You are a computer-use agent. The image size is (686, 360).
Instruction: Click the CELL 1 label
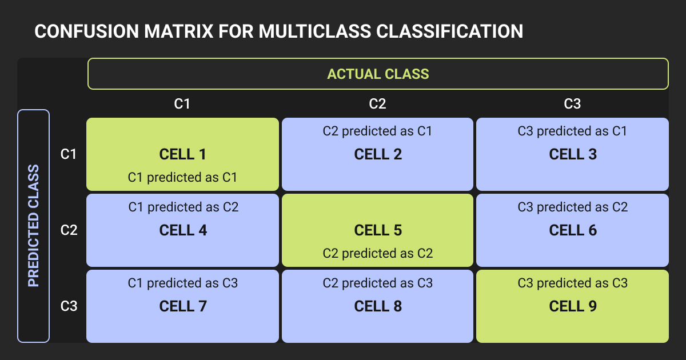pyautogui.click(x=182, y=154)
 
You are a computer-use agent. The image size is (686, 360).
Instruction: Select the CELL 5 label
pyautogui.click(x=378, y=230)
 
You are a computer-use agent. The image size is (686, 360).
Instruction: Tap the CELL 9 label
pyautogui.click(x=573, y=306)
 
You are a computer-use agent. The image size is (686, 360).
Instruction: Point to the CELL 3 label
pyautogui.click(x=573, y=154)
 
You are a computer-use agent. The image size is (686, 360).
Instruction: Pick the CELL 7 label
pyautogui.click(x=183, y=306)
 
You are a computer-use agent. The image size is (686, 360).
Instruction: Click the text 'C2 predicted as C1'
pyautogui.click(x=377, y=131)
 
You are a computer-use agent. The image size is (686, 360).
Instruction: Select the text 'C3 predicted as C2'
pyautogui.click(x=573, y=207)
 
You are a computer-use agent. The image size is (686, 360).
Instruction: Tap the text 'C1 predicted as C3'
pyautogui.click(x=183, y=283)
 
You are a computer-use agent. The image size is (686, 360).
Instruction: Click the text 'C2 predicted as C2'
pyautogui.click(x=378, y=254)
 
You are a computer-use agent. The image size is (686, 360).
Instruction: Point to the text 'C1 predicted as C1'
pyautogui.click(x=182, y=178)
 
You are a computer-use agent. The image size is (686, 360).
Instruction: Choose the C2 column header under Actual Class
pyautogui.click(x=377, y=104)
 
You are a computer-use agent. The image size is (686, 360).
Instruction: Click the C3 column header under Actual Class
pyautogui.click(x=572, y=104)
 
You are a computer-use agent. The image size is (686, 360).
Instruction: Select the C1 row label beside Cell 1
pyautogui.click(x=68, y=154)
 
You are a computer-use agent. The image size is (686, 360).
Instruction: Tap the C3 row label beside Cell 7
pyautogui.click(x=69, y=306)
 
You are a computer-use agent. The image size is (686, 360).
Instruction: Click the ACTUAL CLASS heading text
pyautogui.click(x=378, y=74)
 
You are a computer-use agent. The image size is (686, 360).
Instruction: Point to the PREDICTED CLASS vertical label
pyautogui.click(x=33, y=226)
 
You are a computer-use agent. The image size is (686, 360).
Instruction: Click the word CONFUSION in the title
pyautogui.click(x=87, y=31)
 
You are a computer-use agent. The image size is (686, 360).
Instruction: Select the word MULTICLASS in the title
pyautogui.click(x=315, y=31)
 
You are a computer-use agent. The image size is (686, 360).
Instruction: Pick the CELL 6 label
pyautogui.click(x=573, y=230)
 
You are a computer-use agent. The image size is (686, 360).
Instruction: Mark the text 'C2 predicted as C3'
pyautogui.click(x=378, y=283)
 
